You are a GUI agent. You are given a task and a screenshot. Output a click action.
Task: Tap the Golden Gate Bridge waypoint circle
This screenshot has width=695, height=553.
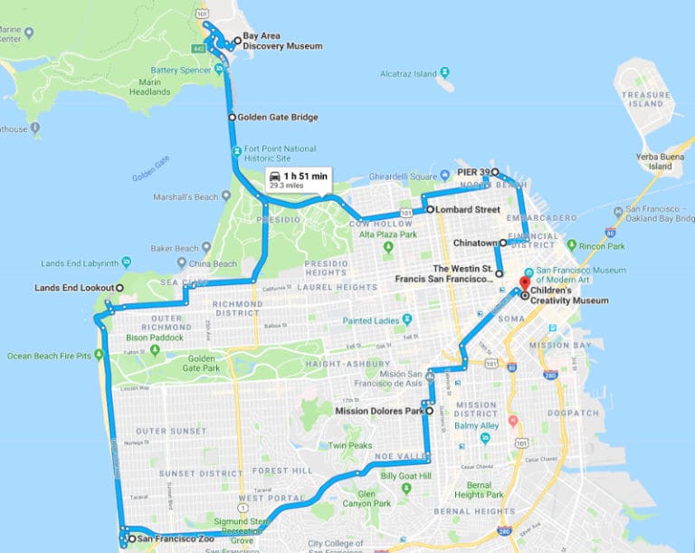(232, 117)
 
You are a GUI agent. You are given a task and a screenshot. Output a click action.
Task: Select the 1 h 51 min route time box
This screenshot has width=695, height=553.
(299, 178)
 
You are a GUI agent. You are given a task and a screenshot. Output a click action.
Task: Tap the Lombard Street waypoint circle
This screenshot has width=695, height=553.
(430, 210)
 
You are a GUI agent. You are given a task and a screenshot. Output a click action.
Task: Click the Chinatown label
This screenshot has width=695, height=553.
(475, 243)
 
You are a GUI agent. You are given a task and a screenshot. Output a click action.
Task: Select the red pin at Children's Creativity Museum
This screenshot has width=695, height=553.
(524, 282)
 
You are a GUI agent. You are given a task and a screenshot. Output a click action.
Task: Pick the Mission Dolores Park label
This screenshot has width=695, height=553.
(378, 410)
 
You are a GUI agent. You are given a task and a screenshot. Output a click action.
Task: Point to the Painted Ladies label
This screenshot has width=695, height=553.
(371, 319)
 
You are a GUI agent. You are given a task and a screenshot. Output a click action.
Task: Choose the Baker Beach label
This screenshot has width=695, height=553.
(174, 248)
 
